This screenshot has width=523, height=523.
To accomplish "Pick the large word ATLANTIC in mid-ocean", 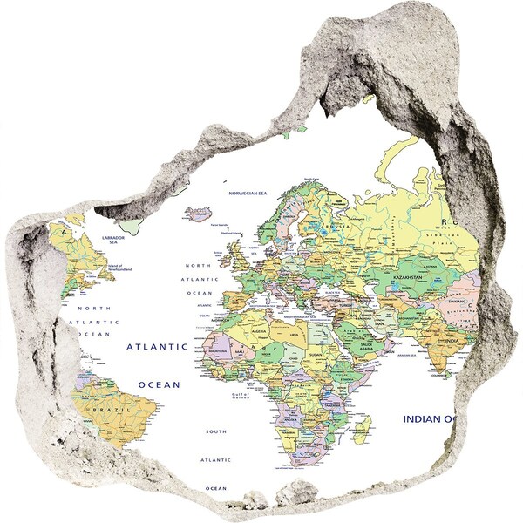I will click(x=157, y=346).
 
